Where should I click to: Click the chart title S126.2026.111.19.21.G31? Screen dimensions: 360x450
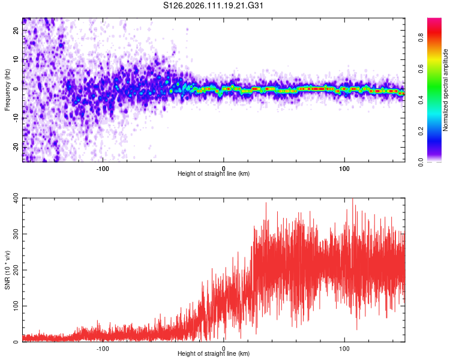tap(214, 6)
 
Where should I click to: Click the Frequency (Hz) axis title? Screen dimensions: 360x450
tap(7, 89)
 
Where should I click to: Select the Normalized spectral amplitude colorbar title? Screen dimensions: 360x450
tap(446, 90)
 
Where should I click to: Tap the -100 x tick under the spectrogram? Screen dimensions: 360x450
tap(102, 168)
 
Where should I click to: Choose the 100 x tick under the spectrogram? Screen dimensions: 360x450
tap(344, 168)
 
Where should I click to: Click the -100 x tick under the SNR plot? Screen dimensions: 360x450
tap(102, 348)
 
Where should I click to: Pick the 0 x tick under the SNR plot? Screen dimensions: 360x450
tap(224, 348)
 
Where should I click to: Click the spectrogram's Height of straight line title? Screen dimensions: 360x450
tap(214, 174)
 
